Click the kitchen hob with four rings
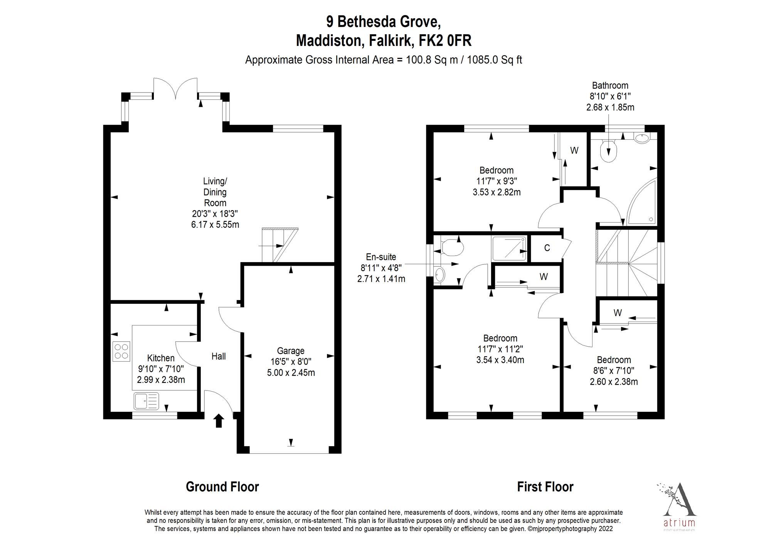(x=121, y=351)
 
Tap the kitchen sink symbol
(x=146, y=401)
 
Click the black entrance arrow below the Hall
(x=219, y=420)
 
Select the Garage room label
(x=291, y=351)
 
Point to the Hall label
(x=219, y=356)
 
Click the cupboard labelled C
(x=547, y=248)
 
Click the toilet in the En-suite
(x=451, y=247)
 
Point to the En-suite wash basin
(x=439, y=275)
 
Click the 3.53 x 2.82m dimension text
(x=497, y=192)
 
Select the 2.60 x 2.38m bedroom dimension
(x=614, y=382)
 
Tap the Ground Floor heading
(x=222, y=487)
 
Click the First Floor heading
(x=545, y=487)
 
